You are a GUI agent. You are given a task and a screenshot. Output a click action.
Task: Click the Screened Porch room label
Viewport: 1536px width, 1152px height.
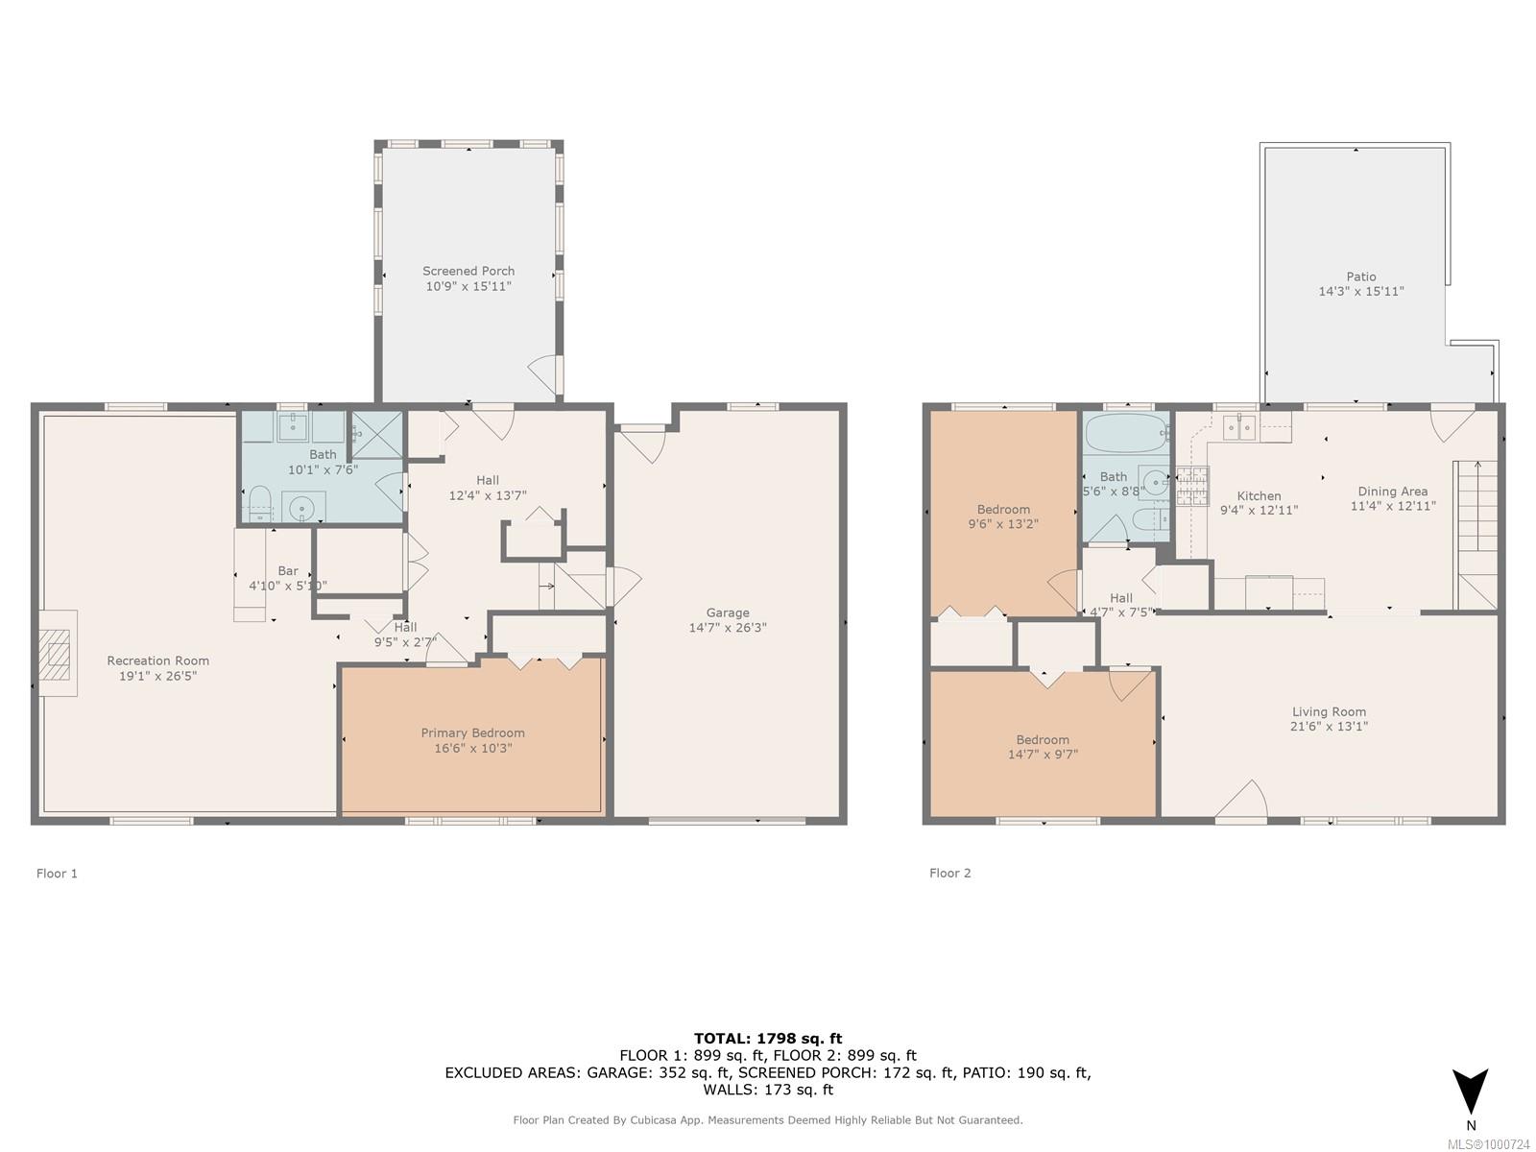click(468, 271)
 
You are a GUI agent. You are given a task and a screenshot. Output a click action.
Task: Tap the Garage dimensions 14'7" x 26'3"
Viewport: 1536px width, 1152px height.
click(728, 628)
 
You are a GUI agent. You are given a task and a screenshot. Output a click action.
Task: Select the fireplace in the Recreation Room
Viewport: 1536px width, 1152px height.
click(58, 654)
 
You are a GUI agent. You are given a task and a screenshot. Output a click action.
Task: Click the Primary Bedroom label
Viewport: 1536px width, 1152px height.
click(472, 732)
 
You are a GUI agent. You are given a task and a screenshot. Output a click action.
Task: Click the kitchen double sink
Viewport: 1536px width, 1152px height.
click(1239, 427)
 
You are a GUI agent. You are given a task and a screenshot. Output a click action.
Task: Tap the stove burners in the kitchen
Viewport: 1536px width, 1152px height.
click(1192, 486)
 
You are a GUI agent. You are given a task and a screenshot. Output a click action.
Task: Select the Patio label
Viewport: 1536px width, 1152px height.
click(1361, 276)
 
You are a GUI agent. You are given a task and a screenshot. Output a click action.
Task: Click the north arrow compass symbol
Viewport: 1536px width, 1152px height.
click(1470, 1091)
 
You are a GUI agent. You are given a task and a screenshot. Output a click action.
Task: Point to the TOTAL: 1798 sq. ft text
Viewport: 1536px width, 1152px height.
click(768, 1038)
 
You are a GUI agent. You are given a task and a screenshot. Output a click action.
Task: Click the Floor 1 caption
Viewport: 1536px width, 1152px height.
click(57, 873)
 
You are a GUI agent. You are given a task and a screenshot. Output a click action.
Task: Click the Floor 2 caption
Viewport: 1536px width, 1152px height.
click(949, 873)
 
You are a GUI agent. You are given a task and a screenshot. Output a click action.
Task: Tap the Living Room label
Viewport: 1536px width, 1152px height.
click(1329, 711)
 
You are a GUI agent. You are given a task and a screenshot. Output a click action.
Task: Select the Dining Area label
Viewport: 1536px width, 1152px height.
click(1393, 491)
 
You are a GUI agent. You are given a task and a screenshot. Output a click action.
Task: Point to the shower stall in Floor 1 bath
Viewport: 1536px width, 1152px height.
click(377, 434)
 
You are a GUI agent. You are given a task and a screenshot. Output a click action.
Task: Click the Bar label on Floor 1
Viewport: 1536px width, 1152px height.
click(288, 571)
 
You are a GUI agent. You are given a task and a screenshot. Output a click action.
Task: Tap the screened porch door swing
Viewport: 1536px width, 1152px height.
click(546, 374)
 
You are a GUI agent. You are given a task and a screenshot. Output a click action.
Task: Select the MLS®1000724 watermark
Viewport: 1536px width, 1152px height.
click(1488, 1144)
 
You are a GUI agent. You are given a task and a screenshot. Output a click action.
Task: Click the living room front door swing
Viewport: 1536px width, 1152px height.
click(1242, 799)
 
